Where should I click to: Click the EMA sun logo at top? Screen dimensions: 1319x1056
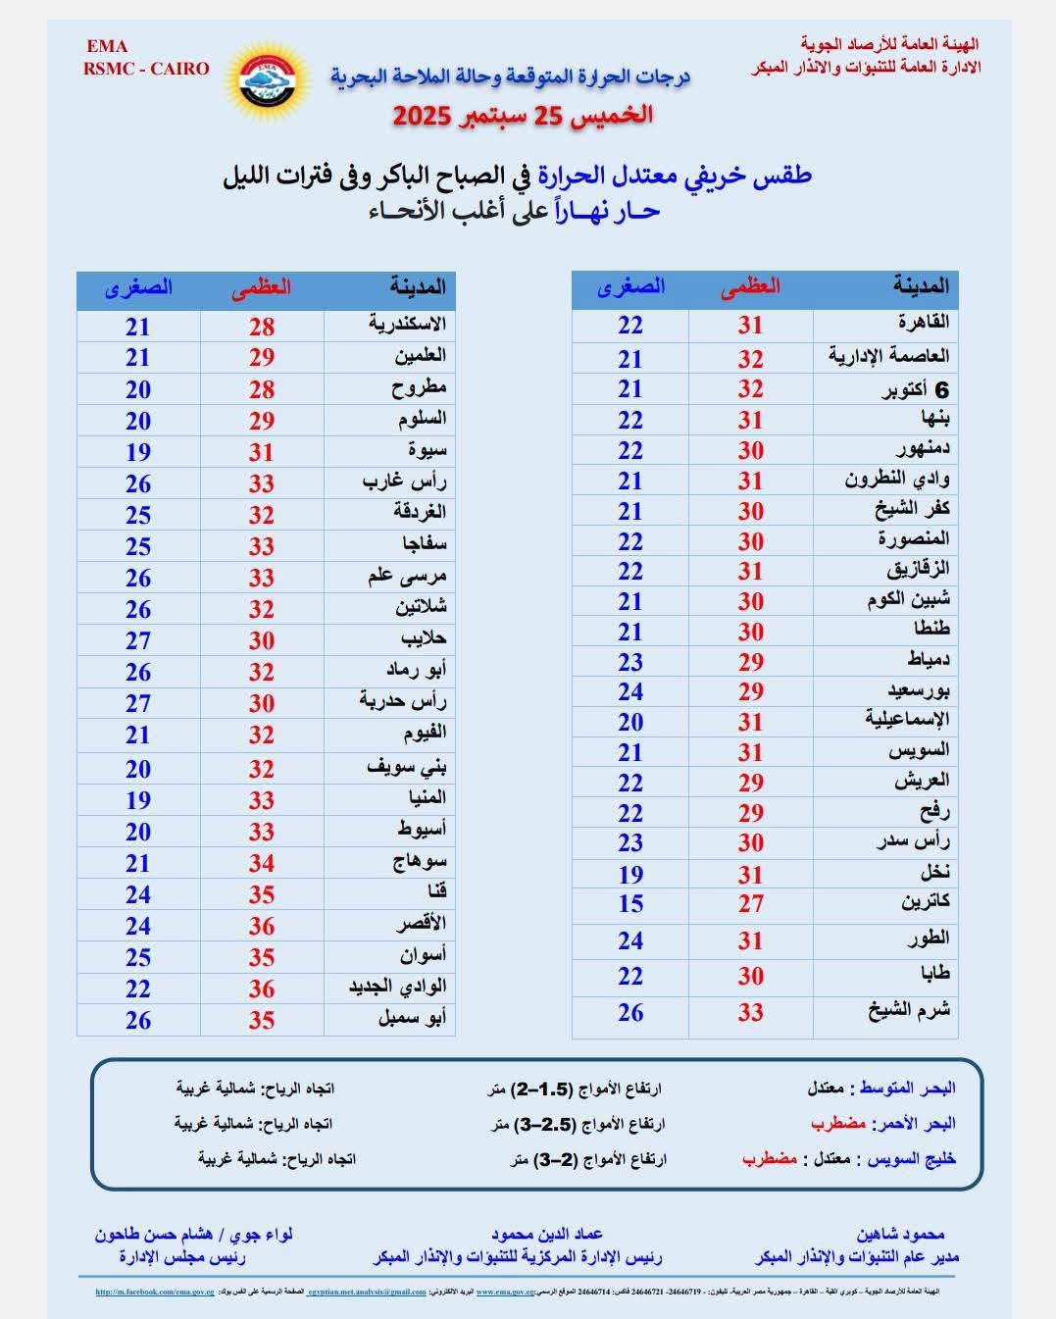pos(267,82)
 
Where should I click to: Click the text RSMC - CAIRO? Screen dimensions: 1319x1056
pos(146,69)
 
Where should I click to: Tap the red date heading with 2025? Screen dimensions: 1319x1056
pos(523,115)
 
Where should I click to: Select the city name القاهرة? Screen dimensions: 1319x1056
pos(923,323)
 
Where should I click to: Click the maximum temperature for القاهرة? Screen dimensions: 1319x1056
pos(750,326)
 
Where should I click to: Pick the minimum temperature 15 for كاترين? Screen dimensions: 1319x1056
pos(630,904)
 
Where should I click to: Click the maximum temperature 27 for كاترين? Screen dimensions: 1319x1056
pos(750,904)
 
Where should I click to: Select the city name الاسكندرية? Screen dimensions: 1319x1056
pos(407,325)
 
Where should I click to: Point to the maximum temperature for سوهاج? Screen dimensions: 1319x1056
pos(261,864)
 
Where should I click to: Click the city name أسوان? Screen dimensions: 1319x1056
pos(423,955)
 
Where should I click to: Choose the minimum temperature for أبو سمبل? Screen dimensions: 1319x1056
pos(138,1021)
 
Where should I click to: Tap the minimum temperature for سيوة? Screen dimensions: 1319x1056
pos(138,452)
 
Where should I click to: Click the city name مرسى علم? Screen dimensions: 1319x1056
pos(407,577)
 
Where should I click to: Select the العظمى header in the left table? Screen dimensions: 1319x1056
pos(261,288)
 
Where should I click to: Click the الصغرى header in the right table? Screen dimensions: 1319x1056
pos(630,287)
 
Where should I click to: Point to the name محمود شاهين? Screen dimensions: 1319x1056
pos(900,1235)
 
